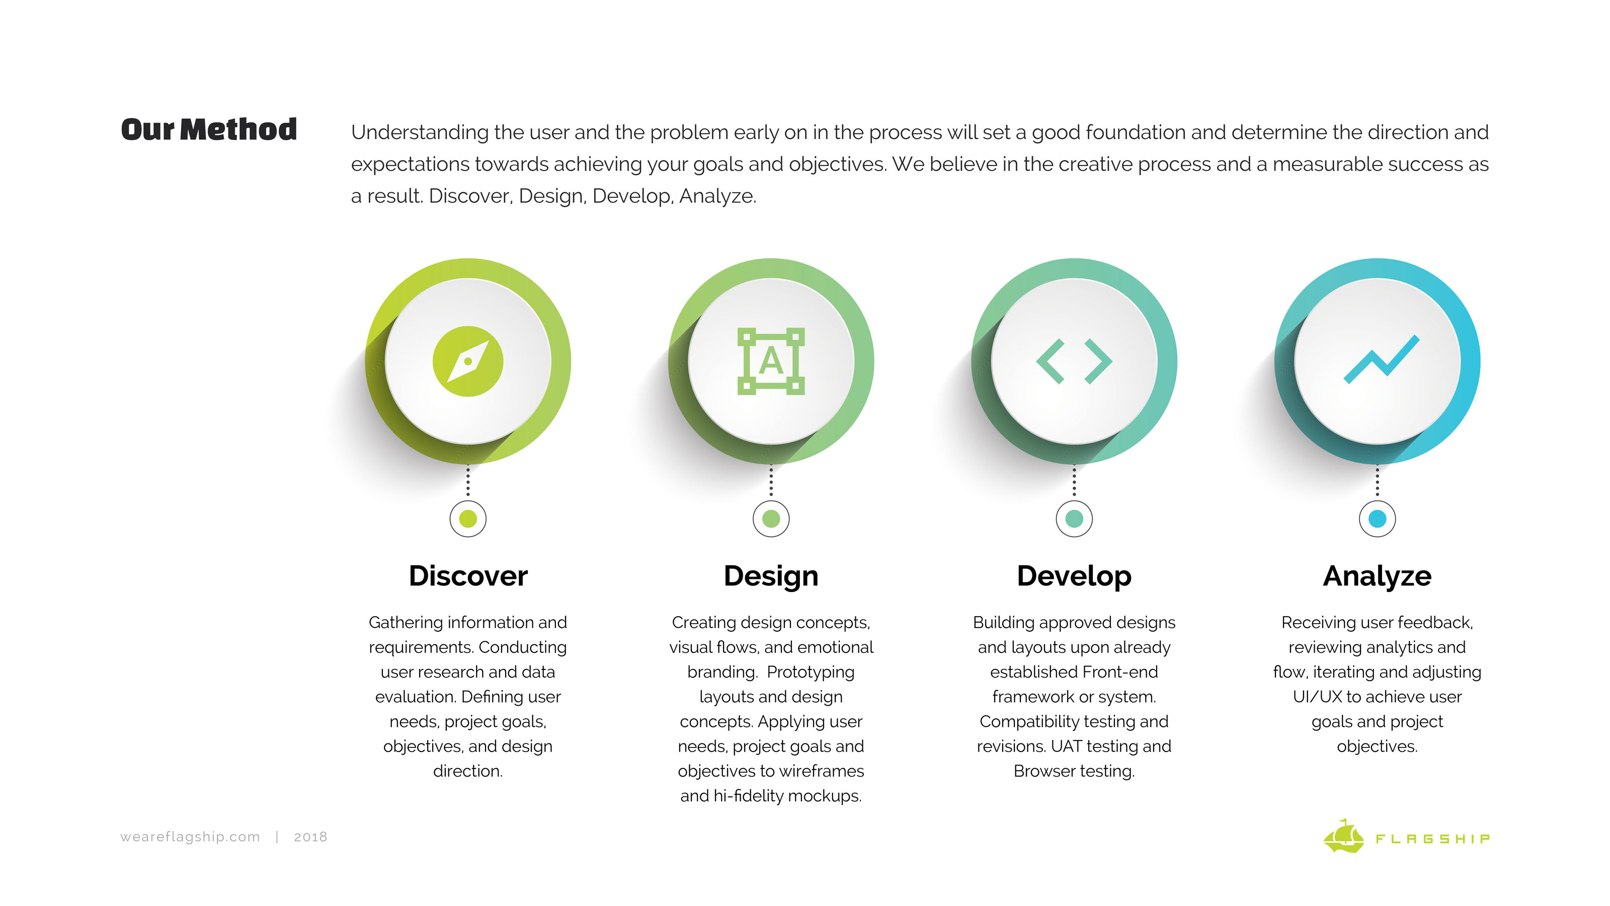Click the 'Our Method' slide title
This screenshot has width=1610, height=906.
point(209,129)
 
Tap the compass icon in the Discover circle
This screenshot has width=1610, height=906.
point(467,361)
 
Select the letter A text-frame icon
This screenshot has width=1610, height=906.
point(771,361)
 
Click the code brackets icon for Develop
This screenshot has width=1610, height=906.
point(1074,361)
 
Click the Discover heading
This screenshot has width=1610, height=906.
point(467,576)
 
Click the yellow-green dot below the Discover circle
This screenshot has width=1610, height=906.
point(467,518)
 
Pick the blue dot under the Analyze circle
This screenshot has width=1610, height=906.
point(1377,518)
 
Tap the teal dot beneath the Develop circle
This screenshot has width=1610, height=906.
point(1074,518)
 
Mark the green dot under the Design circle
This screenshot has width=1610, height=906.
point(771,518)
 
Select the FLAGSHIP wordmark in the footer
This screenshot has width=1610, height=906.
point(1432,839)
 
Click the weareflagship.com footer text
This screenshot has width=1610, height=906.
point(190,837)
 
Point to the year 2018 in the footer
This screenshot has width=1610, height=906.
point(310,837)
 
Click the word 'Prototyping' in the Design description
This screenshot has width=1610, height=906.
point(810,672)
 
